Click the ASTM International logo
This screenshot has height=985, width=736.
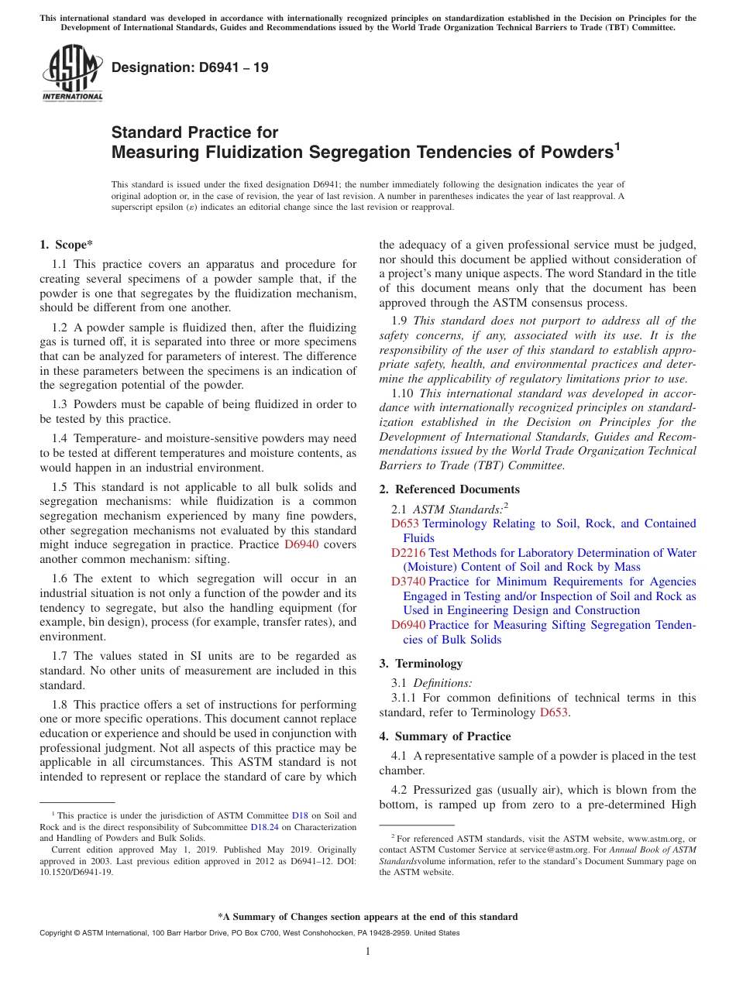71,73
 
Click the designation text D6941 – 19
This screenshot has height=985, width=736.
190,67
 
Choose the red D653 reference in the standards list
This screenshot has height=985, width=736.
405,523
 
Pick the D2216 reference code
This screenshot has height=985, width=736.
408,553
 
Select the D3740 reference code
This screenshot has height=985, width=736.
408,582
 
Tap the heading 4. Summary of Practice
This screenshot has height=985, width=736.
445,736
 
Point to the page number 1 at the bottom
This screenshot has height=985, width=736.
368,951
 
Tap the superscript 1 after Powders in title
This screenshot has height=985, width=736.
617,146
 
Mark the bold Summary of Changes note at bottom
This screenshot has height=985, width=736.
368,917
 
